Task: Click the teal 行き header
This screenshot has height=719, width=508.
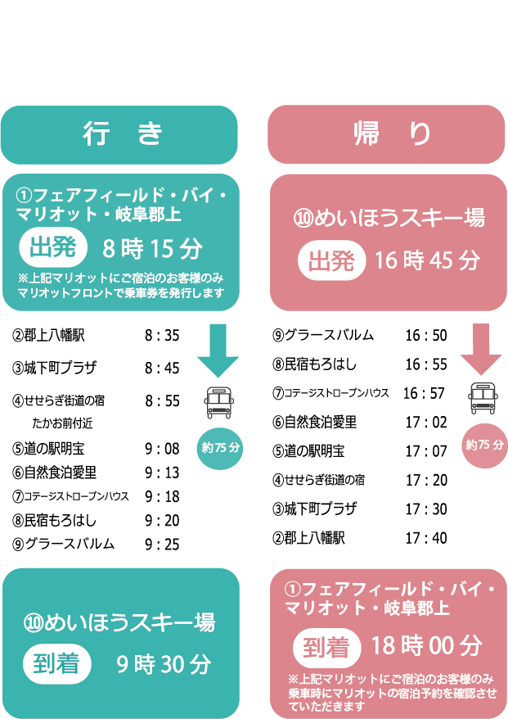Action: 119,134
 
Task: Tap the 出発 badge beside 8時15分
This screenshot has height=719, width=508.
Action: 52,248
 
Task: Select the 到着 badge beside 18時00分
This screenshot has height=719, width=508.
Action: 326,647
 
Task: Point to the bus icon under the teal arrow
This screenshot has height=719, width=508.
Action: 218,402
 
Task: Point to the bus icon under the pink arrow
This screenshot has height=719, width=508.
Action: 483,399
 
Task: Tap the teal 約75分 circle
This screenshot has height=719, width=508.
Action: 221,447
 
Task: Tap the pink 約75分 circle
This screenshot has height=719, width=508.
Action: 484,445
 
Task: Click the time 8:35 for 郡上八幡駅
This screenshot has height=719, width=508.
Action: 162,336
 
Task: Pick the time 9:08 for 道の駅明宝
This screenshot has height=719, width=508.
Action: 162,449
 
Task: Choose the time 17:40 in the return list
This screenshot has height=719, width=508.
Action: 425,538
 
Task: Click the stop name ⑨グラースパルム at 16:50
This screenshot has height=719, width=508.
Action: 323,335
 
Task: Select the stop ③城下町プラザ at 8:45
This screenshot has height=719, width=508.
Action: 55,368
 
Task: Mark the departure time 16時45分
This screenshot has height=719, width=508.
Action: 427,261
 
